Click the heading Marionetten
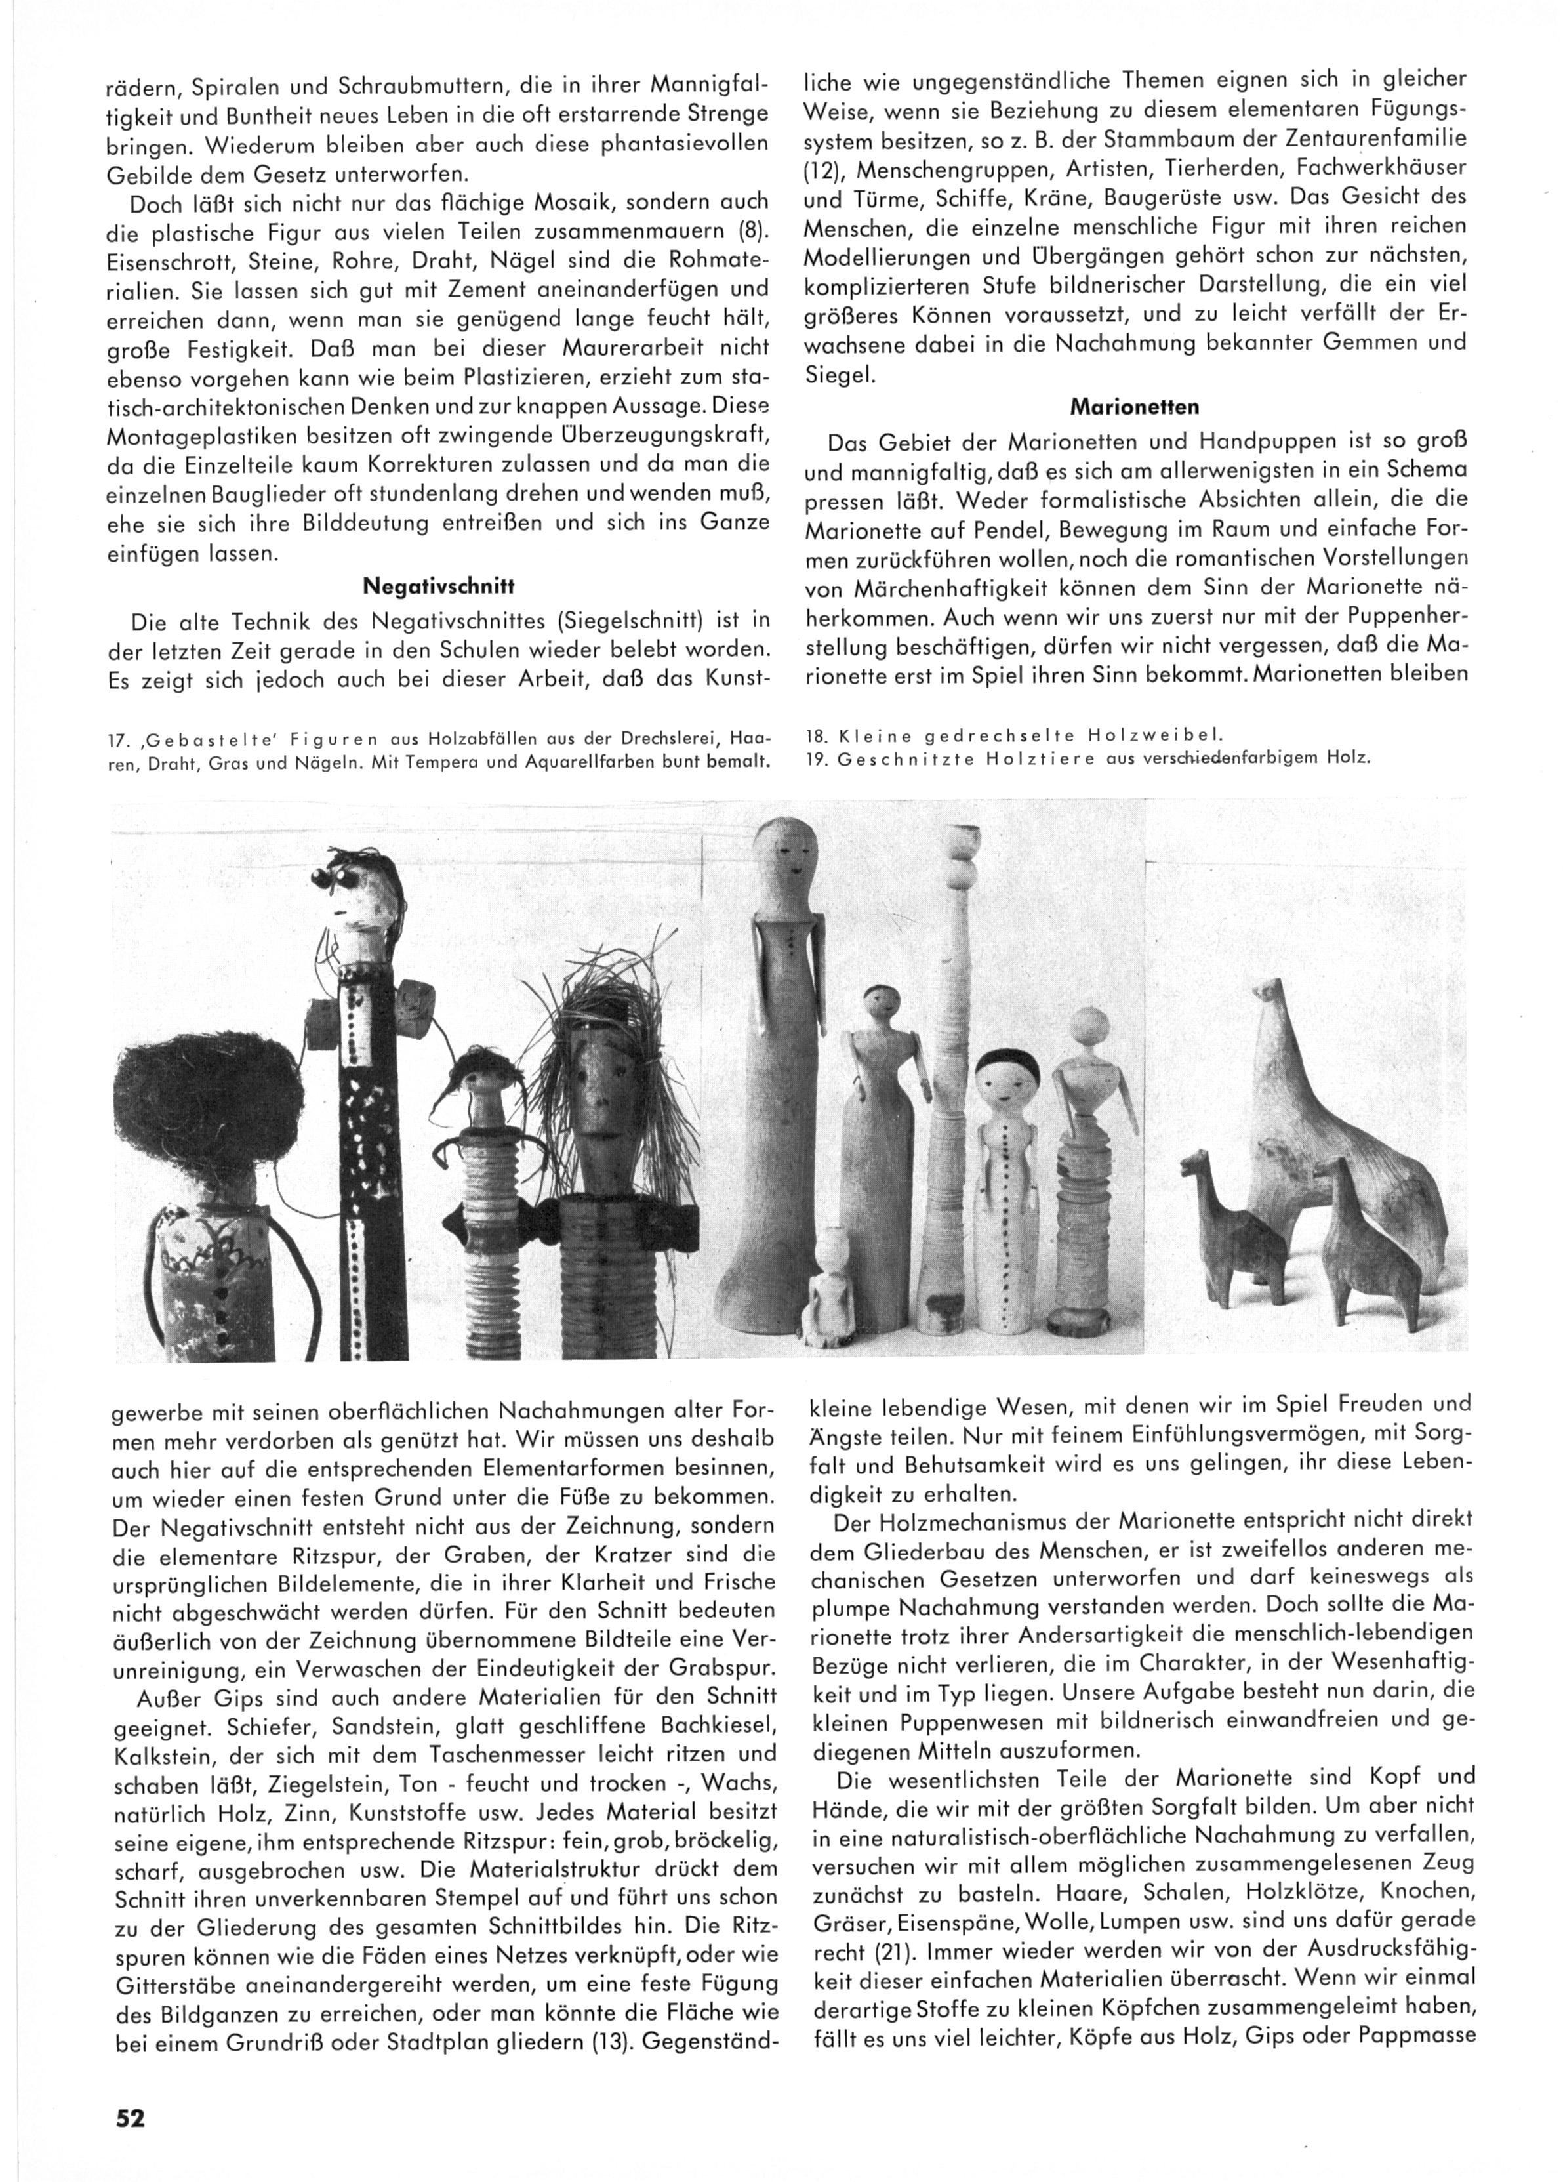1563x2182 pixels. point(1135,407)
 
